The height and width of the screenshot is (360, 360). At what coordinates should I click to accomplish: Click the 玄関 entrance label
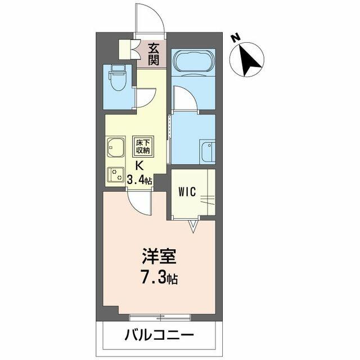pyautogui.click(x=154, y=54)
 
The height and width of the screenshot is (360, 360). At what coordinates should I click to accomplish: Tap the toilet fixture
pyautogui.click(x=118, y=78)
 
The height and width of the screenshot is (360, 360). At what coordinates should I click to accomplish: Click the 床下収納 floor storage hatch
pyautogui.click(x=143, y=146)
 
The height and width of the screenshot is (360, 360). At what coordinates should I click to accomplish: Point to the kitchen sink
pyautogui.click(x=115, y=148)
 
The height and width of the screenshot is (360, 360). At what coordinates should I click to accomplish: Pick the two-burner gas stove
pyautogui.click(x=116, y=174)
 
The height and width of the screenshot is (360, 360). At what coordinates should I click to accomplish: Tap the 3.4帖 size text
pyautogui.click(x=139, y=180)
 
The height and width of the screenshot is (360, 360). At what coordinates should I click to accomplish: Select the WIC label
pyautogui.click(x=187, y=192)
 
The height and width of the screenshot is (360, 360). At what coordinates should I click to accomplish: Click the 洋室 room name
pyautogui.click(x=159, y=256)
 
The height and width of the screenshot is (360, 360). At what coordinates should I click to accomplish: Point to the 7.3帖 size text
pyautogui.click(x=159, y=278)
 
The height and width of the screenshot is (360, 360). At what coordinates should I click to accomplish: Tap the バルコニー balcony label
pyautogui.click(x=159, y=335)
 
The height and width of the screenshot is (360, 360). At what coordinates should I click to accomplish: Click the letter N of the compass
pyautogui.click(x=235, y=38)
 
